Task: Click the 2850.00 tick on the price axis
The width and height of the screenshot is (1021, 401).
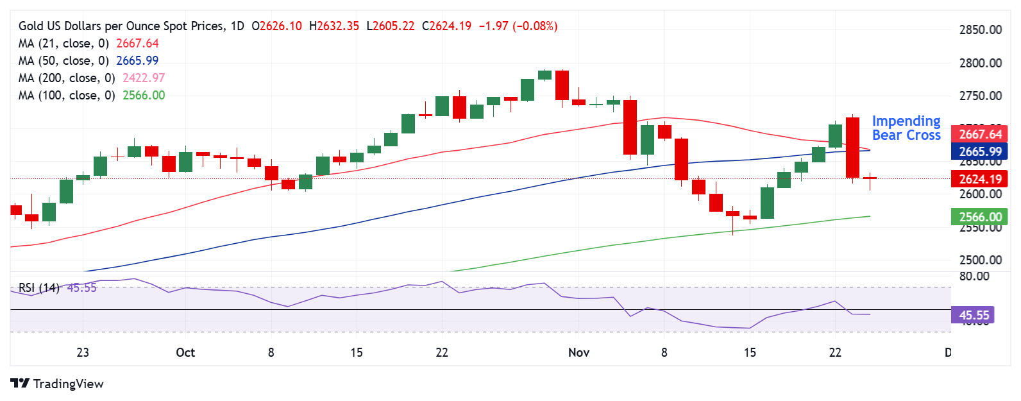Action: pos(980,30)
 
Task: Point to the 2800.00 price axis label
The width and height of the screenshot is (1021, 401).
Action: pos(980,63)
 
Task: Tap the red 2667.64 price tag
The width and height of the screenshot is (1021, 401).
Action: pos(979,134)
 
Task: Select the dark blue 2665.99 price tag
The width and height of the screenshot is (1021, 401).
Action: pos(979,151)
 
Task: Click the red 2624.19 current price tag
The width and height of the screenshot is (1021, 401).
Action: pos(979,179)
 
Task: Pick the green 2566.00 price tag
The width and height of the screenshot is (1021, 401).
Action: pos(979,217)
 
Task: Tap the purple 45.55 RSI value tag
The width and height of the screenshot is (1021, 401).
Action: pos(974,315)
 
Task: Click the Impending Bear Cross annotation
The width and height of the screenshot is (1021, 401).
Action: pos(906,128)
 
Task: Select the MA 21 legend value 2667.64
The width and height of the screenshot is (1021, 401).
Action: pos(137,44)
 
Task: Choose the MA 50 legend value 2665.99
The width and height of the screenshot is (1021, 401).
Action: pos(137,61)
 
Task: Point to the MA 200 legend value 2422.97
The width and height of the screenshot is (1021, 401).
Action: pos(144,78)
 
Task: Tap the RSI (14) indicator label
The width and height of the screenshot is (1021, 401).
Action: pos(38,287)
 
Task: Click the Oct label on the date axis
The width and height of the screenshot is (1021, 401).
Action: pos(185,352)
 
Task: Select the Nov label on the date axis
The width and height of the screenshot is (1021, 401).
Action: pos(578,352)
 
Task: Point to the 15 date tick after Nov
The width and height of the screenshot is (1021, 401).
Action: pos(749,352)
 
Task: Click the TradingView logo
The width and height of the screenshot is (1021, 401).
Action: pos(56,384)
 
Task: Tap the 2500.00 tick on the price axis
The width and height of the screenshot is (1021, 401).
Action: pos(980,260)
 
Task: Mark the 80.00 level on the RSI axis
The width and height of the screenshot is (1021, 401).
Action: pos(974,276)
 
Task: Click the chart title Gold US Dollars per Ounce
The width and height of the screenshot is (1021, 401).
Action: pos(122,26)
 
